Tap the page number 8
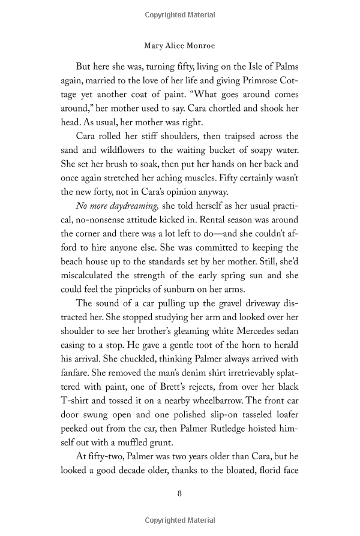180,494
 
